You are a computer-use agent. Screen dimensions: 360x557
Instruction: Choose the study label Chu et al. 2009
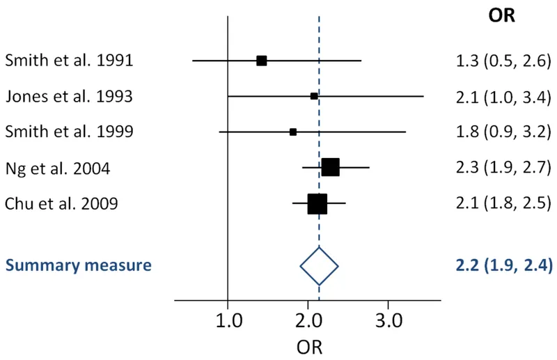(61, 203)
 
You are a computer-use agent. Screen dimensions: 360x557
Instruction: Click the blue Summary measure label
(79, 265)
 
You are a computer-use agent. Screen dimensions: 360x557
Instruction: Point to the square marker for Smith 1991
(262, 61)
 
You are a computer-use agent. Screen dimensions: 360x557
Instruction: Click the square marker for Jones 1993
(314, 96)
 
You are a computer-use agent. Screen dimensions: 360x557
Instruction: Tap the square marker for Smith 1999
(293, 132)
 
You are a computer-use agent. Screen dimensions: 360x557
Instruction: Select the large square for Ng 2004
(330, 167)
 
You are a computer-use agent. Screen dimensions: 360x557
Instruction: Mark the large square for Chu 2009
(317, 203)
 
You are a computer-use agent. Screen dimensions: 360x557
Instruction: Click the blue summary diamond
(319, 265)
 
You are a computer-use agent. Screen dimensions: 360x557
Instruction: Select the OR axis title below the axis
(308, 346)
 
